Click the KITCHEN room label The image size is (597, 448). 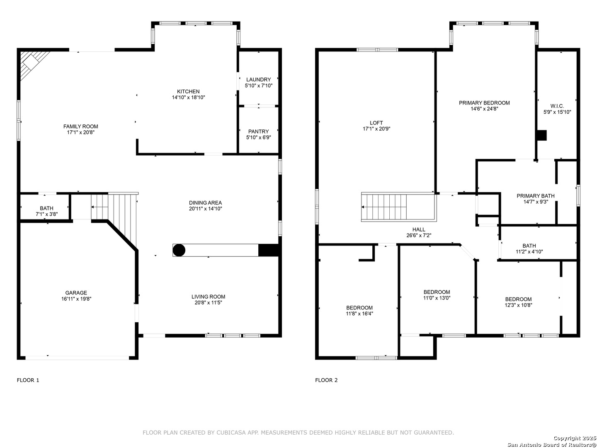(188, 91)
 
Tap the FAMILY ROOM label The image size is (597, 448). (80, 126)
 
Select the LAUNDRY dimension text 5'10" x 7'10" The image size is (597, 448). (258, 85)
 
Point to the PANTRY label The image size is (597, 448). (258, 131)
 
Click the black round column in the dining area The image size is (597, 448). (179, 250)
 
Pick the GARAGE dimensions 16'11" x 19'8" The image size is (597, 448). (76, 299)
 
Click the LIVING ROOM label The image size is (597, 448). (209, 297)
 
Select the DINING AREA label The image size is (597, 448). (205, 203)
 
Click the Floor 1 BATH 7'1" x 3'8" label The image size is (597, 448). (46, 211)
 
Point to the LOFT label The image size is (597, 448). (376, 123)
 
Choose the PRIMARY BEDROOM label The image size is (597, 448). (484, 103)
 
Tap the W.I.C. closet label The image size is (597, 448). (557, 106)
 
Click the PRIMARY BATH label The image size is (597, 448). (535, 196)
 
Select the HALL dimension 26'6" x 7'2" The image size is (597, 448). (419, 235)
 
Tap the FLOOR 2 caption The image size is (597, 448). (326, 380)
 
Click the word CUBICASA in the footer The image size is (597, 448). (231, 433)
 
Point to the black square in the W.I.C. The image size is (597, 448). (541, 136)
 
